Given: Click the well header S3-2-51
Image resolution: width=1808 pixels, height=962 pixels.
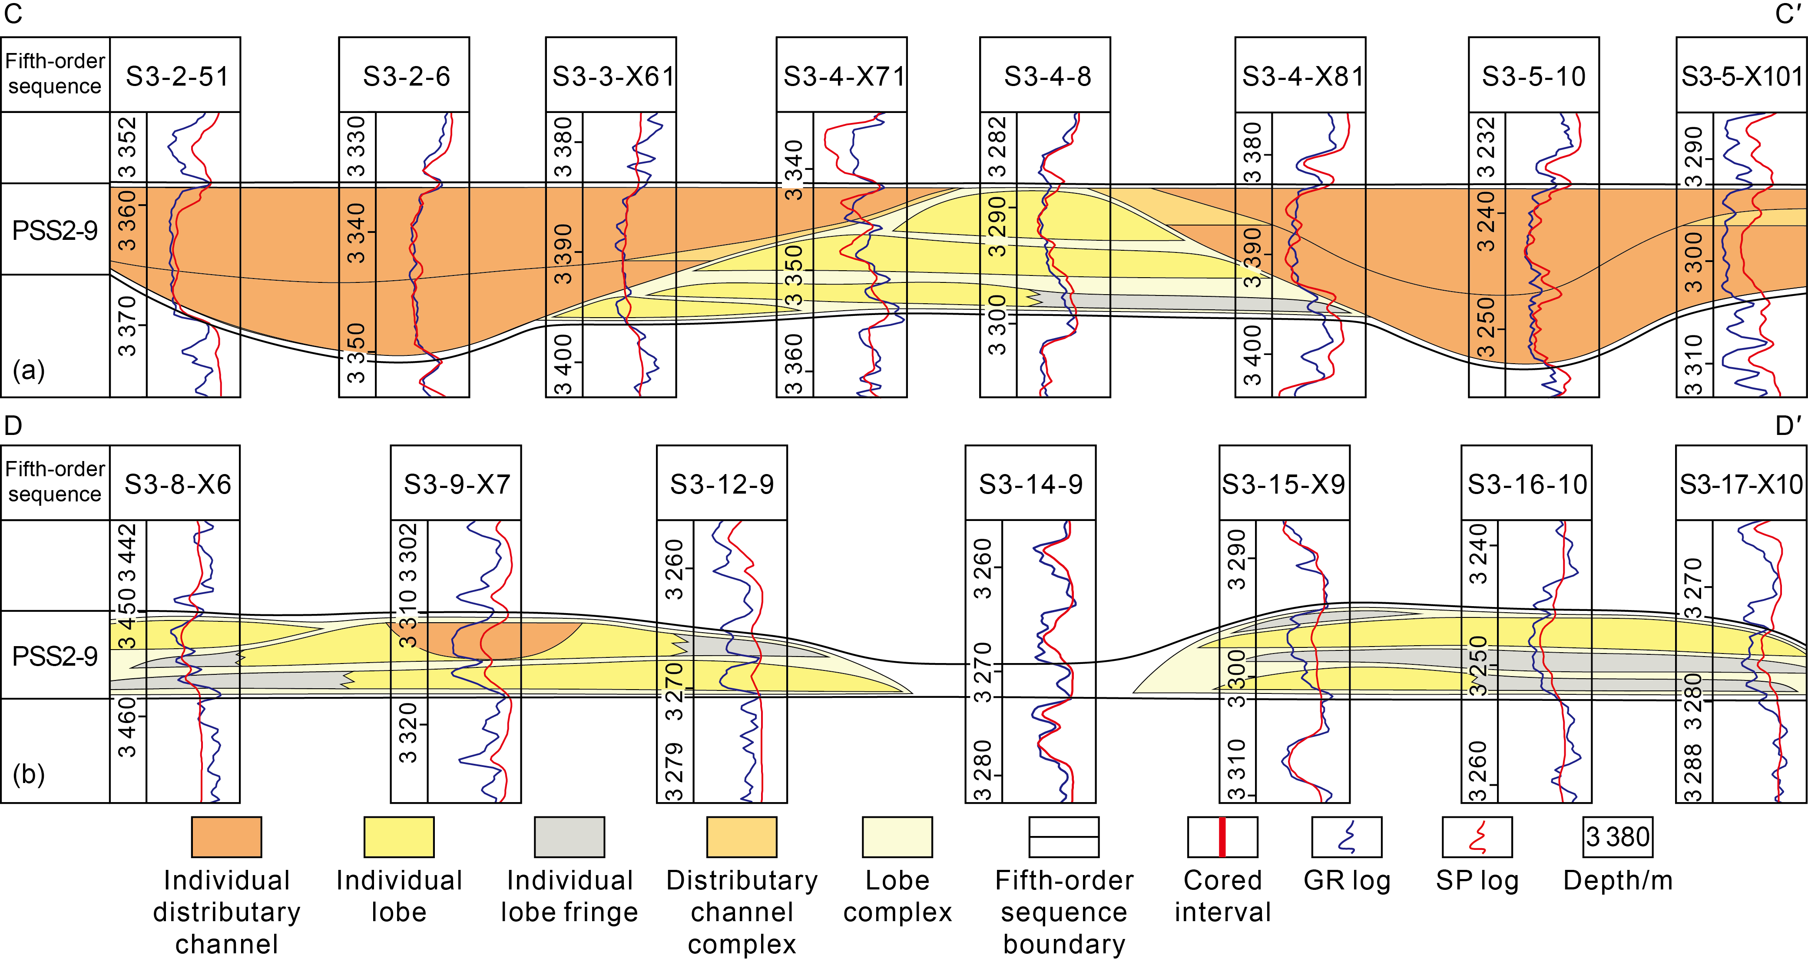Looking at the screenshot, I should (x=177, y=76).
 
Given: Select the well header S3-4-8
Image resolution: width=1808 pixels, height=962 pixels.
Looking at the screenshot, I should (x=1047, y=76).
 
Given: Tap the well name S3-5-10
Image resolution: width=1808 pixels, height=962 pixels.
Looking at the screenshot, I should (x=1533, y=76).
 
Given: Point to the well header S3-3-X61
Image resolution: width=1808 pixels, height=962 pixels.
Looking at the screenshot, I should (x=612, y=76).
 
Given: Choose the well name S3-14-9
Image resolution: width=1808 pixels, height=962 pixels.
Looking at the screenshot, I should (x=1030, y=484).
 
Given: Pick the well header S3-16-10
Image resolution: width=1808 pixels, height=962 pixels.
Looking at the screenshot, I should (x=1527, y=484).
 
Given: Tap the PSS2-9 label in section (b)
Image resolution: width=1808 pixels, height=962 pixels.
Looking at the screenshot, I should (x=55, y=656).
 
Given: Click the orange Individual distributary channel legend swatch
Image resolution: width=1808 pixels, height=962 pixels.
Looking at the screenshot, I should (x=227, y=837).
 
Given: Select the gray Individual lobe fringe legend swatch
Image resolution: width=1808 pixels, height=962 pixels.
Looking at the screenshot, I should (x=569, y=837).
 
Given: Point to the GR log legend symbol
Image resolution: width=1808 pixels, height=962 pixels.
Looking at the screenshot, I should (x=1346, y=837).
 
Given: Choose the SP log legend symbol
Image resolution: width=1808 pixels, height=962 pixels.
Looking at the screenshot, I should (x=1477, y=837).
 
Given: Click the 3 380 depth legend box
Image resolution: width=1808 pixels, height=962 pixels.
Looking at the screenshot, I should (x=1618, y=837).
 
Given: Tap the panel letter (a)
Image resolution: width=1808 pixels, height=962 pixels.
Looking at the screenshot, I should (x=29, y=370).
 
